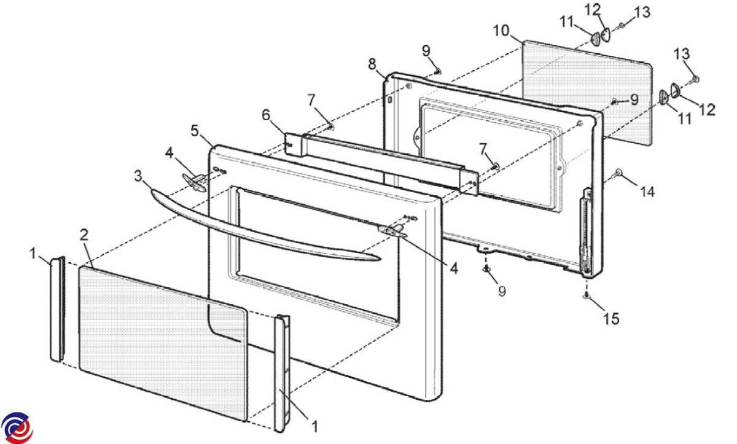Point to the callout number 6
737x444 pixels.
[265, 114]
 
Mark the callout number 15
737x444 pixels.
[611, 319]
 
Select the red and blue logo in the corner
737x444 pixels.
[17, 427]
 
